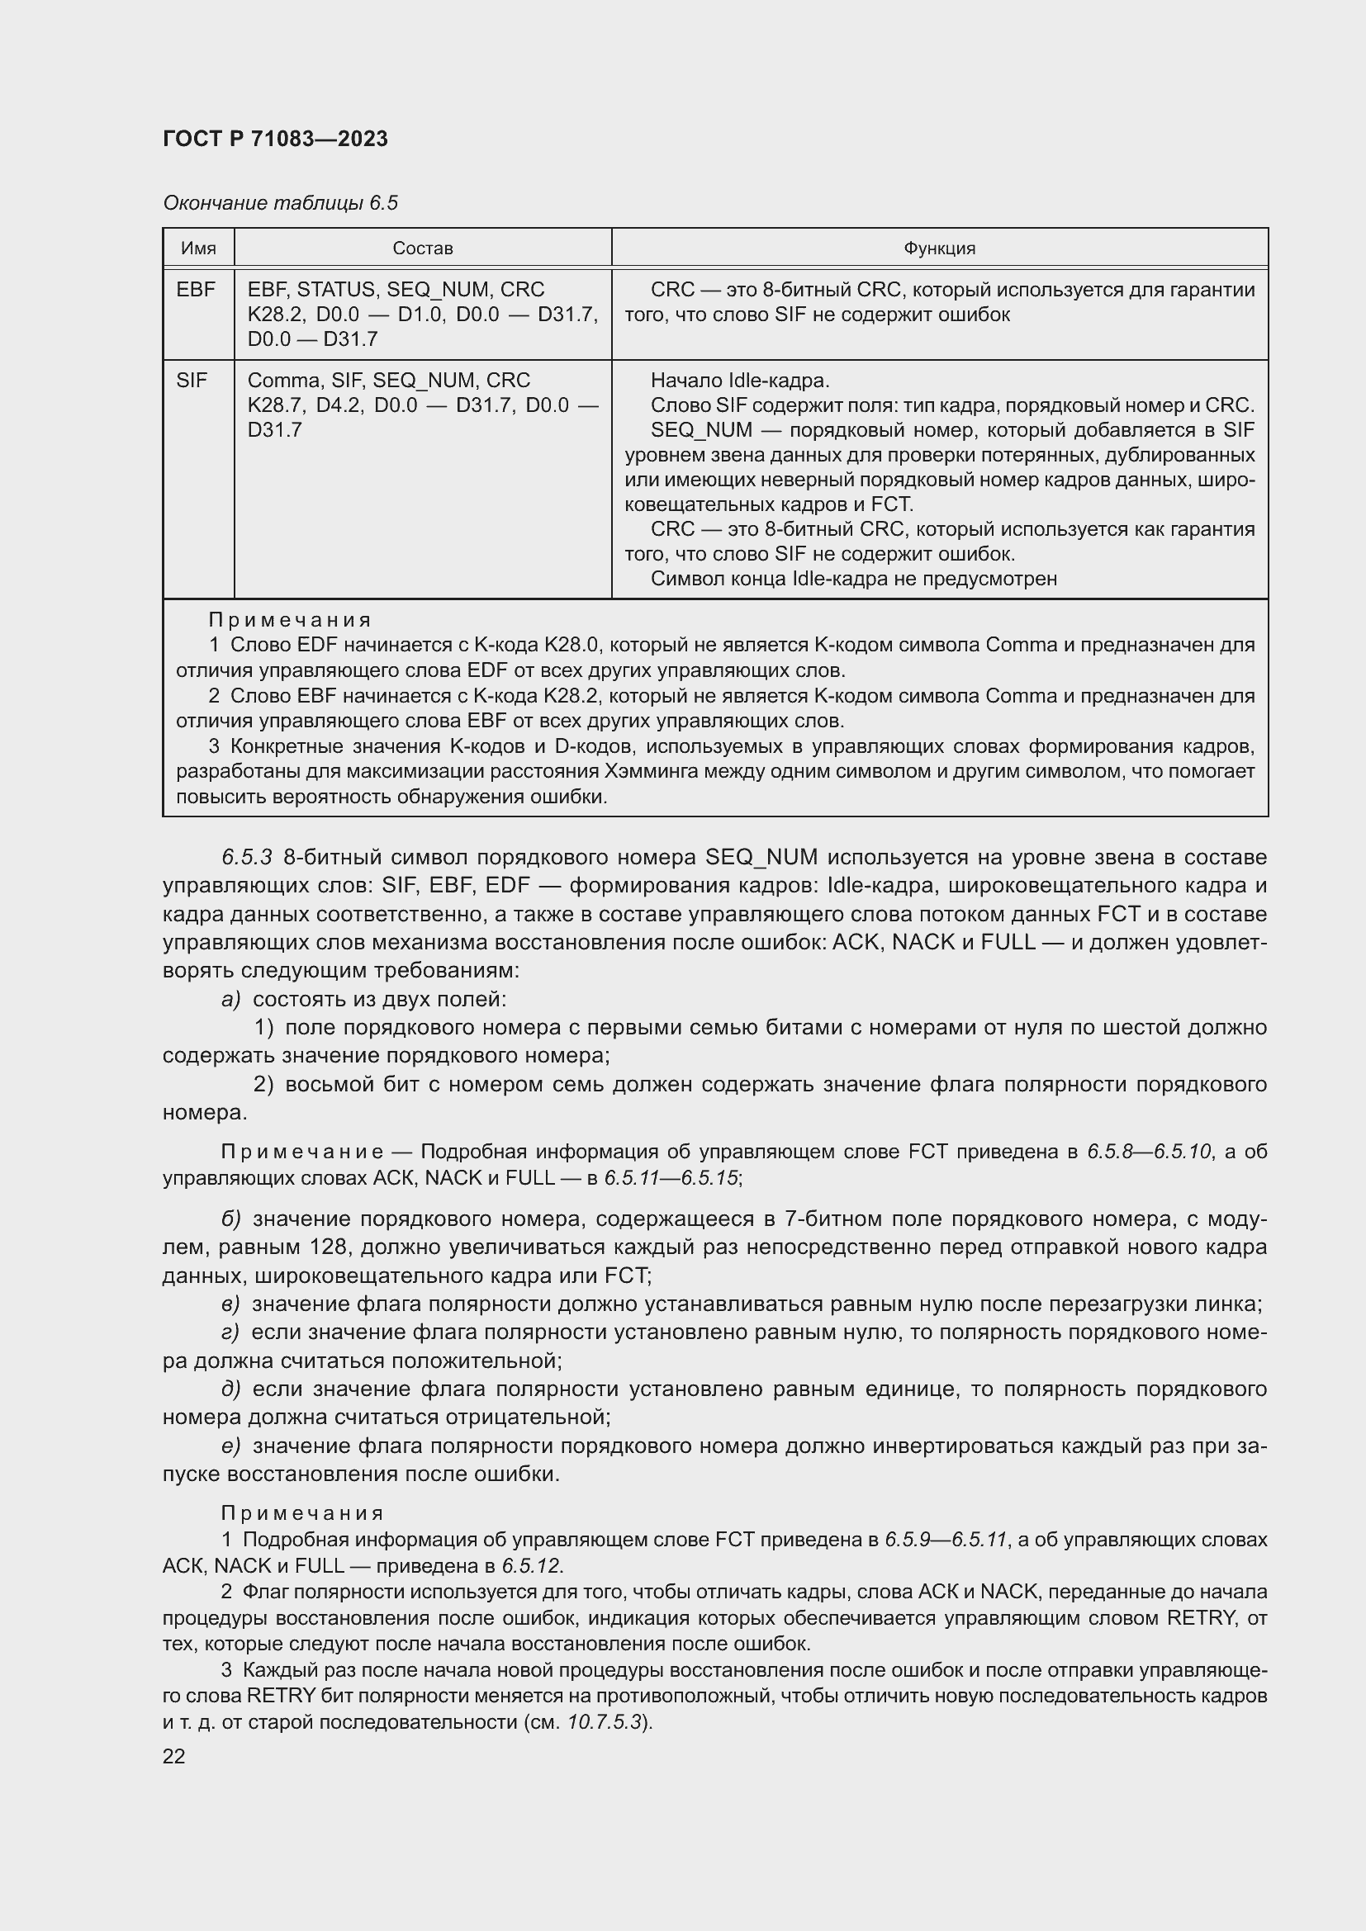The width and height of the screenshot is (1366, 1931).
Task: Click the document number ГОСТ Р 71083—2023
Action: click(275, 139)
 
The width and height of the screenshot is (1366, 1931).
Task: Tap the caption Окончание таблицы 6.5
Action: click(280, 203)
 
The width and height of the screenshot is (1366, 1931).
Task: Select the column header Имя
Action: click(198, 248)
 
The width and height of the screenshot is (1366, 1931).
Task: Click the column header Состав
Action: click(422, 248)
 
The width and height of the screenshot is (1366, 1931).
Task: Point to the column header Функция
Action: click(939, 248)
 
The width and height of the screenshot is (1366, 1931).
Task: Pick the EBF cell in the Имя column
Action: click(196, 289)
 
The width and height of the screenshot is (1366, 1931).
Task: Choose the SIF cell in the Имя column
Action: click(192, 380)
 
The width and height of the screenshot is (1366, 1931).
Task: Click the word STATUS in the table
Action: click(338, 289)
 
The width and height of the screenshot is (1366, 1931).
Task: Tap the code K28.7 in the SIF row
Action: click(275, 405)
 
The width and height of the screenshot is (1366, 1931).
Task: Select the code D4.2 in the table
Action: click(339, 405)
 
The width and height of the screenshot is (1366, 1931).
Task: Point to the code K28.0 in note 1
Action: click(572, 645)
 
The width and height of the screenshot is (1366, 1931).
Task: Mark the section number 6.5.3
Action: click(246, 857)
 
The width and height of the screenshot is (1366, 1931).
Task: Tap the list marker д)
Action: click(230, 1389)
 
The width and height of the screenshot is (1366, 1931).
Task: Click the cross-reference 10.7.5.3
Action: click(605, 1721)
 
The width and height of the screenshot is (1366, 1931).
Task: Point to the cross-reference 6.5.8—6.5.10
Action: click(1149, 1152)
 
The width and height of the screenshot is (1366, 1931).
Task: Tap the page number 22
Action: click(174, 1756)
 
